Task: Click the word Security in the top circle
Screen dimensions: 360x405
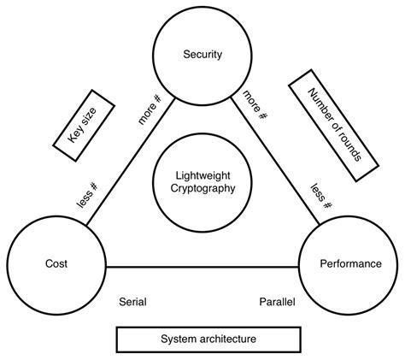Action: click(x=202, y=55)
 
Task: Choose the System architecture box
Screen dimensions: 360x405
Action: click(x=208, y=339)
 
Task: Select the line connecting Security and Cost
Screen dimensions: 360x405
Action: click(x=129, y=163)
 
